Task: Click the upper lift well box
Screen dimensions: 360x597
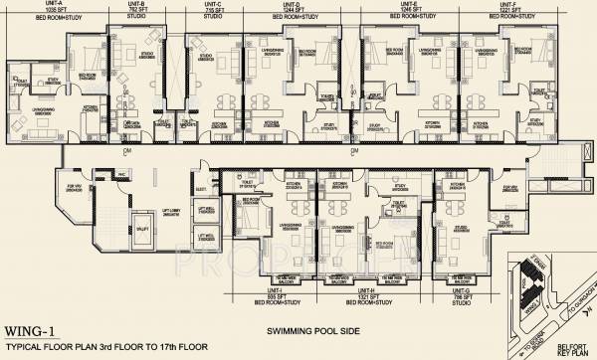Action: pyautogui.click(x=205, y=212)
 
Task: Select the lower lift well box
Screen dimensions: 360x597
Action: pyautogui.click(x=205, y=236)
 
